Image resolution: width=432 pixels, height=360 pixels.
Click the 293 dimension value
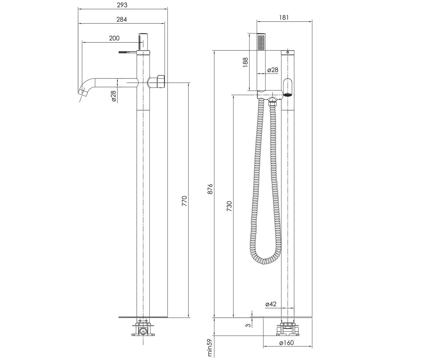click(122, 5)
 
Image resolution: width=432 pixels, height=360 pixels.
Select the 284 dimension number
click(122, 19)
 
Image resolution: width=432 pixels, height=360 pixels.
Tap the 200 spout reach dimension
click(114, 38)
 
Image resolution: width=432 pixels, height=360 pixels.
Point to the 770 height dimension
click(184, 201)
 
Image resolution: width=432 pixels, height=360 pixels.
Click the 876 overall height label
click(210, 189)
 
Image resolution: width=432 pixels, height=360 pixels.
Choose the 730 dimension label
click(229, 206)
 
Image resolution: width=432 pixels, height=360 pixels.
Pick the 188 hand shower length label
click(245, 62)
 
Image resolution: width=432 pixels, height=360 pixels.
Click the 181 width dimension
click(284, 17)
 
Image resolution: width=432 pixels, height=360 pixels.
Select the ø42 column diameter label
click(271, 304)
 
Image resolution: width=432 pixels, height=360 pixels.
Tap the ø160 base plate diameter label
click(287, 343)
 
